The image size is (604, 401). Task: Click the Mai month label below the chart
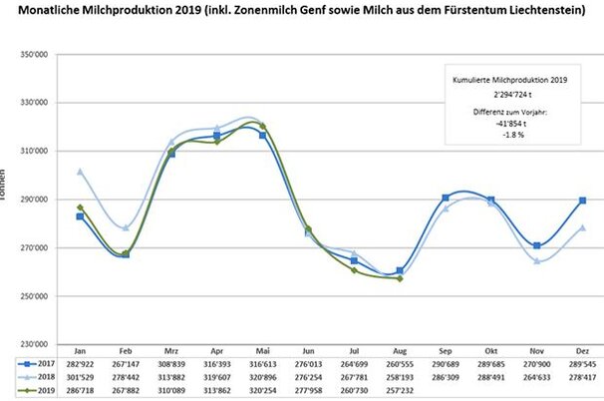(263, 353)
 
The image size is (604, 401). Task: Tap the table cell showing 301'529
(80, 379)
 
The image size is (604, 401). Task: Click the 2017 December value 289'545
(582, 367)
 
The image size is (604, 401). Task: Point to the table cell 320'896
(263, 379)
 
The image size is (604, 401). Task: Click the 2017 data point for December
(582, 200)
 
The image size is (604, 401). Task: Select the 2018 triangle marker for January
(81, 172)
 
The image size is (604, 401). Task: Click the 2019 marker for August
(400, 278)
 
